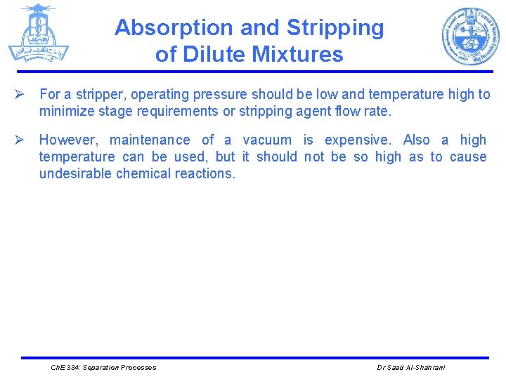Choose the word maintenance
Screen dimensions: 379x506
(150, 140)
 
